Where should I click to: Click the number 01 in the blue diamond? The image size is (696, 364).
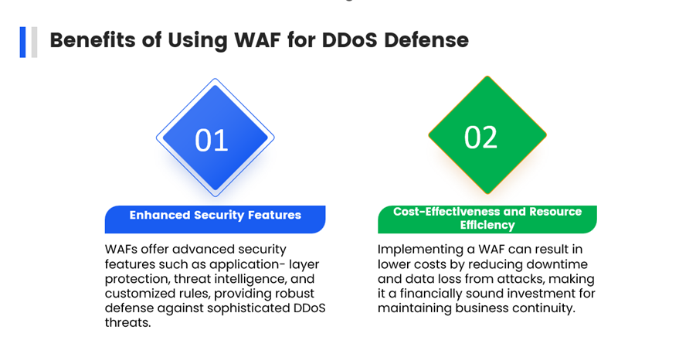212,141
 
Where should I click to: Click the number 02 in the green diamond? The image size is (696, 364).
480,137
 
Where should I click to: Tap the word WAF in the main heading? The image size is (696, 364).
257,40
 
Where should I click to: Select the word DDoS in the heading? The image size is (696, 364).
350,40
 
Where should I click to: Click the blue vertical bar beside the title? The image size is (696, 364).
22,43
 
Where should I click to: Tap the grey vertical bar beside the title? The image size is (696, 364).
34,43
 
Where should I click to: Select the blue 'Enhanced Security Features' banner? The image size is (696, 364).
216,219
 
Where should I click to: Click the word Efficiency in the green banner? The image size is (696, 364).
487,225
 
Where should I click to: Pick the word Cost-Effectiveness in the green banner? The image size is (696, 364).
444,211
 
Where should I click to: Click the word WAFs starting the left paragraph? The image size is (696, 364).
121,250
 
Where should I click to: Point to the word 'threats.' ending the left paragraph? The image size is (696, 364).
127,323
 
